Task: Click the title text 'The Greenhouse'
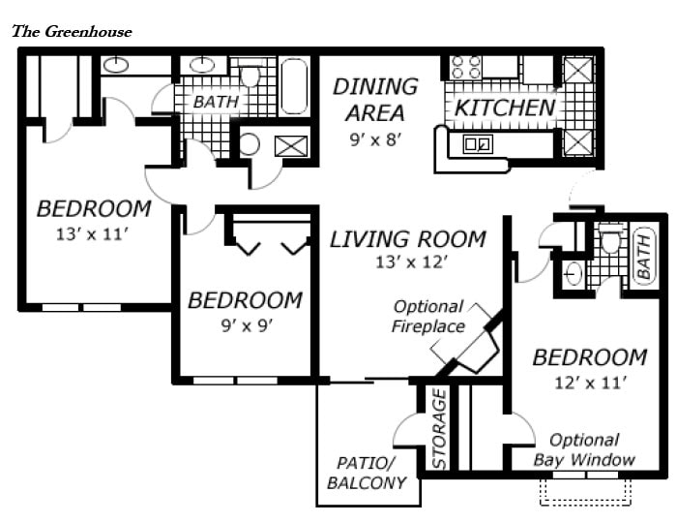72,31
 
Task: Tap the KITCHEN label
505,108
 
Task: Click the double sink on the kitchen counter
477,145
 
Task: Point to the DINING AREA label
375,100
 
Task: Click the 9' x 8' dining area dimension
375,139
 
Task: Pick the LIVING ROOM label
407,238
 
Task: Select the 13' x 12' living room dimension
406,261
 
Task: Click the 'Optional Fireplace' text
427,316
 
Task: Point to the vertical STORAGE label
438,429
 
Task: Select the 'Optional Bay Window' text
584,450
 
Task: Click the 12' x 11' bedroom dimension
589,383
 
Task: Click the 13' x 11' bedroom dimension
93,232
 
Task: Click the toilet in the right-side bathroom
610,237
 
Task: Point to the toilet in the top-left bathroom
251,75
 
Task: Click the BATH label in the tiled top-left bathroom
215,102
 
